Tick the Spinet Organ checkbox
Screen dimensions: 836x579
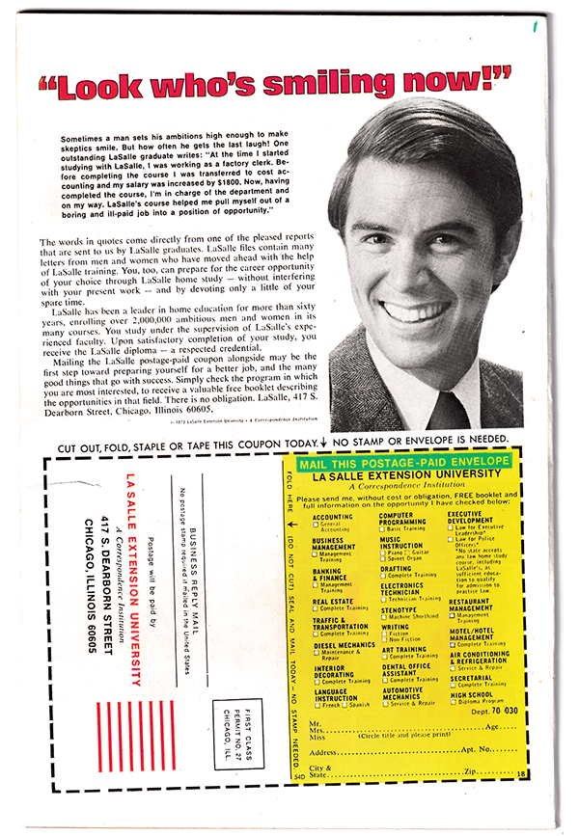[x=383, y=558]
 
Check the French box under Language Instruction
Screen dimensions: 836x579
[x=317, y=705]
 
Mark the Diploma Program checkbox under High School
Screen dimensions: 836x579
[x=452, y=702]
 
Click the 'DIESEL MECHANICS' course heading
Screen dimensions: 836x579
[x=344, y=645]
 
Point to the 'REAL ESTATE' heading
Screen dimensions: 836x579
[x=333, y=601]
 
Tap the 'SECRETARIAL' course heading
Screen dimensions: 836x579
[x=471, y=677]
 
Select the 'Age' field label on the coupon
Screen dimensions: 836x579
[x=492, y=726]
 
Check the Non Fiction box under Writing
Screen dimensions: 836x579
[x=383, y=639]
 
